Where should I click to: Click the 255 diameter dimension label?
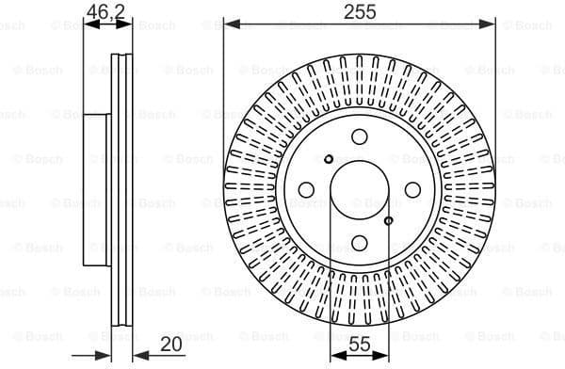coord(360,11)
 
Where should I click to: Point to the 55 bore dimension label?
coord(360,345)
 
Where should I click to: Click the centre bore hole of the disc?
coord(360,190)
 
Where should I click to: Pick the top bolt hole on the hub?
coord(360,137)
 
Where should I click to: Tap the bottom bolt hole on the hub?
coord(360,244)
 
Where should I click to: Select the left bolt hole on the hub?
coord(306,190)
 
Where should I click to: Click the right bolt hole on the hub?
coord(412,190)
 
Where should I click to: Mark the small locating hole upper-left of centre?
coord(329,159)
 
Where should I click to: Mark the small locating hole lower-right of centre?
coord(389,221)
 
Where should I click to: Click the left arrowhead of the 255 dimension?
coord(229,24)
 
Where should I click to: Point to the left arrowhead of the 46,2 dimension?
coord(89,24)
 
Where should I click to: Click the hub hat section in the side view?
coord(97,190)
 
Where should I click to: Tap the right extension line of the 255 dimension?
coord(495,94)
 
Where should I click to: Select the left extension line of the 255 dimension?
coord(224,94)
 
